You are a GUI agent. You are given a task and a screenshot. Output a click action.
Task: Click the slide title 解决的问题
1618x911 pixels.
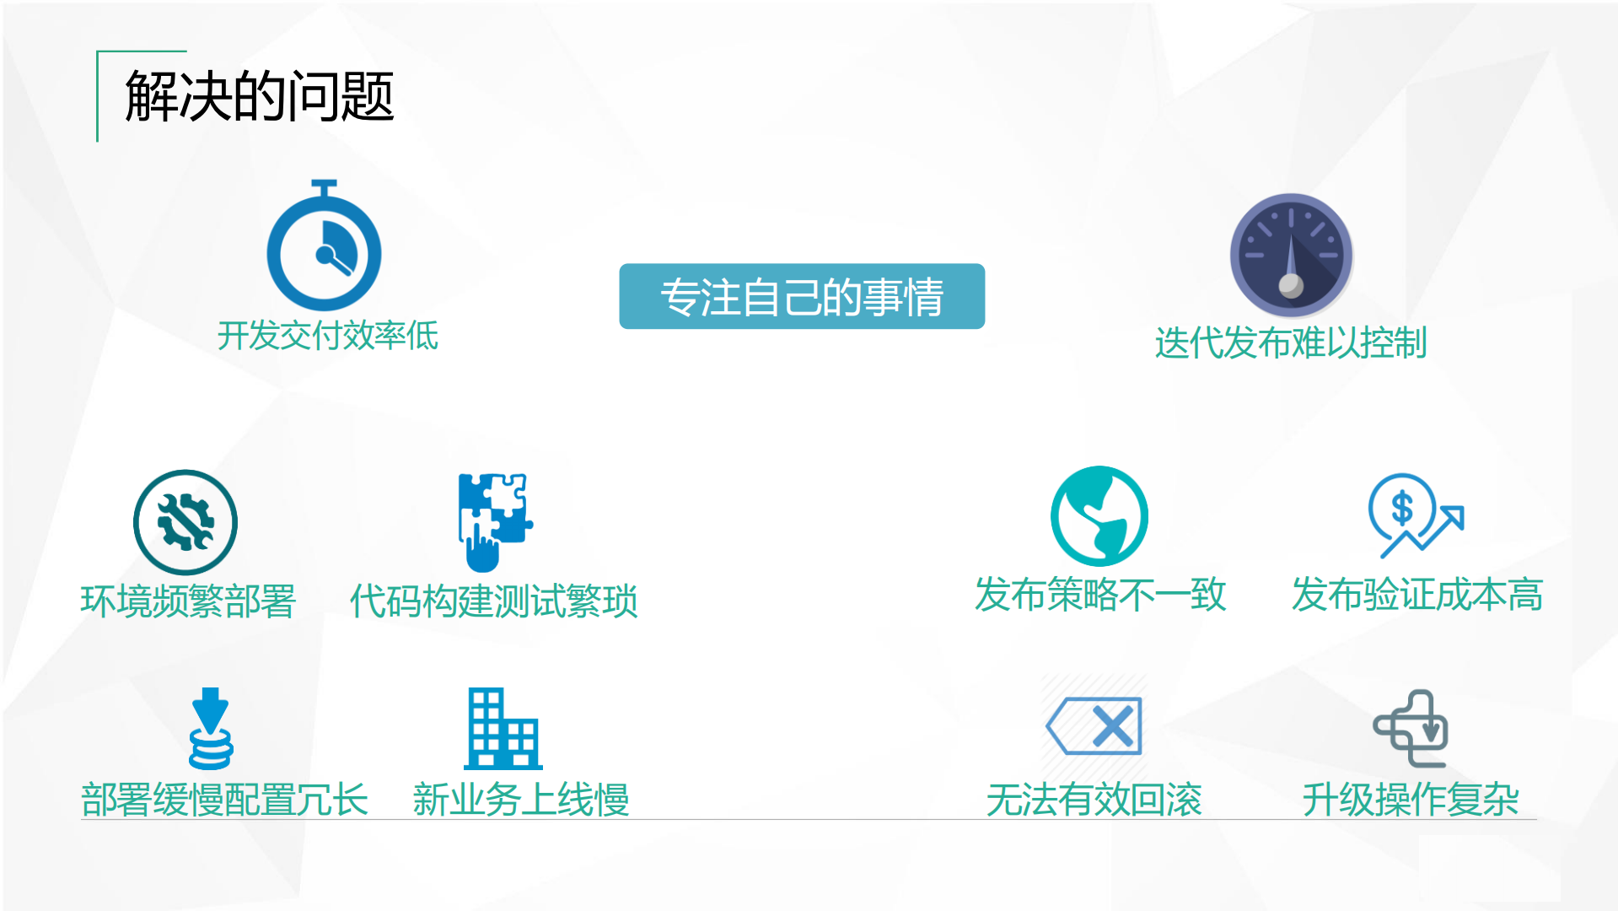(x=260, y=96)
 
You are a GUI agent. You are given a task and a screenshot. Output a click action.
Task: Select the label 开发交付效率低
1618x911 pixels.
(x=327, y=336)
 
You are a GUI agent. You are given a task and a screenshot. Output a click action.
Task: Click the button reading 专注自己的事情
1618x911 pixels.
(x=801, y=296)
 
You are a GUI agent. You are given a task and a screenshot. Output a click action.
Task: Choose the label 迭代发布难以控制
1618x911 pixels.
(x=1290, y=343)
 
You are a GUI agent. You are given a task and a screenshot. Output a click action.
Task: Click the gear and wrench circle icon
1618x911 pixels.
(x=185, y=522)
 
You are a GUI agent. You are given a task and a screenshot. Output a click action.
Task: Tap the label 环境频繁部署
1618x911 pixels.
(x=188, y=601)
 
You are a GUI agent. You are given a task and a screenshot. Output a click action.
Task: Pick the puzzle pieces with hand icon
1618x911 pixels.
(x=493, y=520)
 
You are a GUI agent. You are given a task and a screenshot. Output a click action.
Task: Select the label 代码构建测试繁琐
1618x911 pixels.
(x=493, y=601)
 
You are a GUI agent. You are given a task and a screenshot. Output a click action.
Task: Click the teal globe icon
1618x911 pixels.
(x=1099, y=515)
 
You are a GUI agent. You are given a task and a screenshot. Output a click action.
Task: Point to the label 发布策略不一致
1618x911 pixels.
(x=1099, y=595)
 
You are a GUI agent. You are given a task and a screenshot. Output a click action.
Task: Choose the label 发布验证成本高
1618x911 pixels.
(x=1416, y=595)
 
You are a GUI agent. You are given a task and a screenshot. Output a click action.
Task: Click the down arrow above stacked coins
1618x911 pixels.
(x=210, y=709)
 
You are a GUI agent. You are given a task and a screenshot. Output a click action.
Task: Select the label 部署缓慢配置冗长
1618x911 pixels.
(x=224, y=799)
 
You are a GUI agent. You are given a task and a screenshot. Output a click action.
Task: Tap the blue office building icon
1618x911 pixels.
(x=503, y=729)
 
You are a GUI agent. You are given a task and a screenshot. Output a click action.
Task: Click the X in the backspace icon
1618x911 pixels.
(x=1112, y=726)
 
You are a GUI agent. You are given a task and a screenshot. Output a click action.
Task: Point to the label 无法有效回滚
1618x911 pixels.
(x=1094, y=799)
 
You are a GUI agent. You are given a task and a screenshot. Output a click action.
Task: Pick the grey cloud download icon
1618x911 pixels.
(x=1411, y=728)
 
